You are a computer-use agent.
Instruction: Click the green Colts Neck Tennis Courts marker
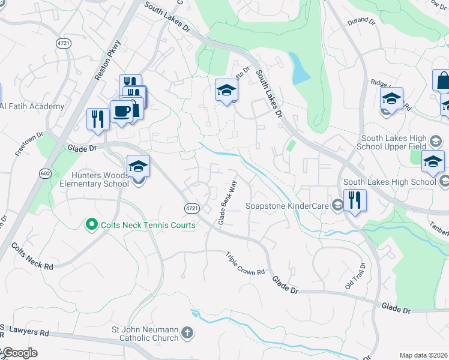pyautogui.click(x=91, y=225)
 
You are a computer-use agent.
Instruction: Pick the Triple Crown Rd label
pyautogui.click(x=246, y=263)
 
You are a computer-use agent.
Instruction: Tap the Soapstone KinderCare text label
pyautogui.click(x=288, y=206)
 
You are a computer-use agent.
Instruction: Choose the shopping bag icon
pyautogui.click(x=443, y=80)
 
